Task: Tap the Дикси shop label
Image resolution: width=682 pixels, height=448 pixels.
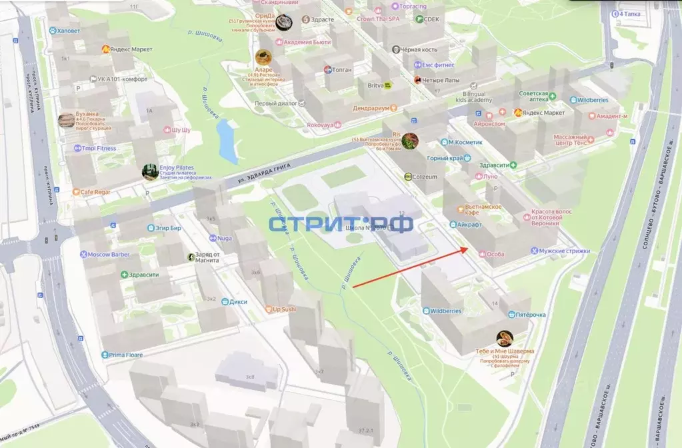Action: (x=238, y=302)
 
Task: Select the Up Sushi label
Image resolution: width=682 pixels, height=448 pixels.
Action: (x=284, y=309)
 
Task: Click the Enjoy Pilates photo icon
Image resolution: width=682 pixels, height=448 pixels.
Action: (x=150, y=172)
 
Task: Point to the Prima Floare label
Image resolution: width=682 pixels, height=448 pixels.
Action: (x=126, y=355)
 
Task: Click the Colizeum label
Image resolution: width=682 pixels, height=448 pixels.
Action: (x=425, y=177)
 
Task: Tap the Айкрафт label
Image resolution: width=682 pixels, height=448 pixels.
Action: (x=470, y=225)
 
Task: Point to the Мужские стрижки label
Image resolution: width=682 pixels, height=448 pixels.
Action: (x=565, y=251)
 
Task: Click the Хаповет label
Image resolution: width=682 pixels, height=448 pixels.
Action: (x=68, y=31)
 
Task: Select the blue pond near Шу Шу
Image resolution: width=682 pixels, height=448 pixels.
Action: (x=227, y=140)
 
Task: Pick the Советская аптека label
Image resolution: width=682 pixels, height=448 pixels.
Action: (x=533, y=97)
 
